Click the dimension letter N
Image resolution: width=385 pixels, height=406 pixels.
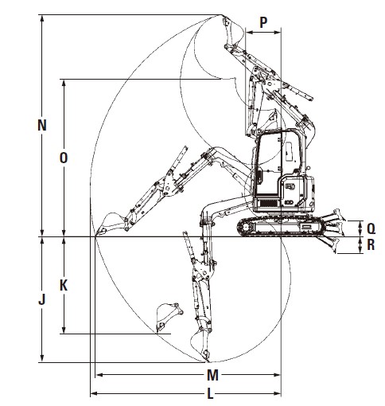42,125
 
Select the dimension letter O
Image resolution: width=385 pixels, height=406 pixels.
64,158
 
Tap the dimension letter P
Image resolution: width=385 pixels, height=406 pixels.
263,22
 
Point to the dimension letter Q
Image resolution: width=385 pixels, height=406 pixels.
371,228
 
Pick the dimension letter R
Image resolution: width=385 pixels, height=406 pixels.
371,245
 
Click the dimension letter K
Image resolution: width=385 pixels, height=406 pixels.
64,286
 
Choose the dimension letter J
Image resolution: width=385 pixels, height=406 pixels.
42,299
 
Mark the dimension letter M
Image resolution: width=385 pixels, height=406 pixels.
212,375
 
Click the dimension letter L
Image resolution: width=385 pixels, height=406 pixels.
210,393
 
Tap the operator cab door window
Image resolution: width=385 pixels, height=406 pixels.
268,165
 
